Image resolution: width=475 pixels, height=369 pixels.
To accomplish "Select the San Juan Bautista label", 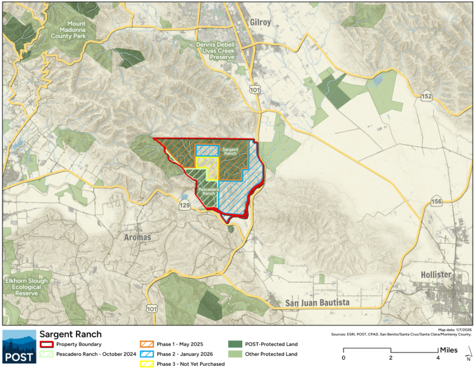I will (318, 302).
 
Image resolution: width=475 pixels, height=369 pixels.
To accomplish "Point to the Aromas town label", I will (138, 238).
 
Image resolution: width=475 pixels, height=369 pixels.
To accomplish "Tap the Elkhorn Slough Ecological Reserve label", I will (27, 287).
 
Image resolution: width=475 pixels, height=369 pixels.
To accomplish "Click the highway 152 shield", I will (426, 97).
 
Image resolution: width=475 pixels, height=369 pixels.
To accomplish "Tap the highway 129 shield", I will (185, 206).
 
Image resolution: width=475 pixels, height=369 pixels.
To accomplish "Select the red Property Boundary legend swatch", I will (46, 344).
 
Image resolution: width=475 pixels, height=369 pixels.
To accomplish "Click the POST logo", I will (19, 346).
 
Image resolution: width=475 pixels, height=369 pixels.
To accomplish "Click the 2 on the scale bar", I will (391, 358).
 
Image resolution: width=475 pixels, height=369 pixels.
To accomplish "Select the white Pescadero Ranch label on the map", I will (208, 191).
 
